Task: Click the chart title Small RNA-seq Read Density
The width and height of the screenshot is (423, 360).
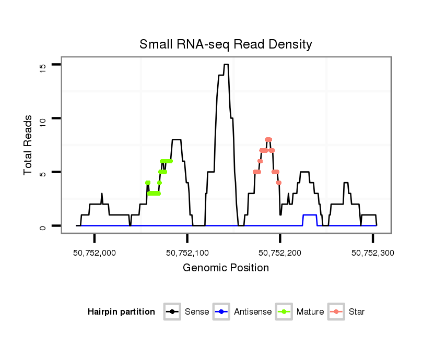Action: pos(226,44)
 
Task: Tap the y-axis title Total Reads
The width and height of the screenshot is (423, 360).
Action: pos(28,145)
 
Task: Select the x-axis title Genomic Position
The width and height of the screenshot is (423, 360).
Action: pos(226,268)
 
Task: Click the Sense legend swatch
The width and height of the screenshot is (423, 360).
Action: pos(172,312)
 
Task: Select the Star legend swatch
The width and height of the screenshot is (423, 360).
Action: pos(336,312)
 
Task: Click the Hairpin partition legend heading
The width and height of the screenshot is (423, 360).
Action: pos(121,312)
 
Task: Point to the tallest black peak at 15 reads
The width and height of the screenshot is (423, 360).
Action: pos(226,65)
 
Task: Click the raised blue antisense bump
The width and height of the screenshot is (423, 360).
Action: pos(310,215)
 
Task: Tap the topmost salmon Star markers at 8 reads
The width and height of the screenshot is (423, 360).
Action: pos(268,139)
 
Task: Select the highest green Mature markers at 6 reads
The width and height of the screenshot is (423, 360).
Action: pos(166,161)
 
